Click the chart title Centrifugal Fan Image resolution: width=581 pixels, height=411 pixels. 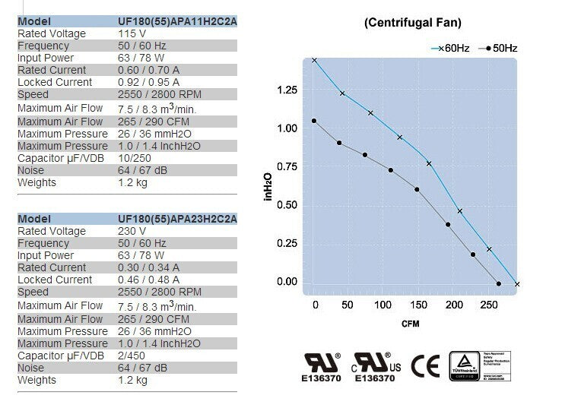tap(413, 23)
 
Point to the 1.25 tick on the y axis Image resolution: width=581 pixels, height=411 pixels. tap(287, 90)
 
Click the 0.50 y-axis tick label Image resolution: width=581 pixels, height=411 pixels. tap(287, 205)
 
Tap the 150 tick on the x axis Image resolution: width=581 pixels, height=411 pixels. tap(419, 305)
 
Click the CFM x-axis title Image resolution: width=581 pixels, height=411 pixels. tap(411, 324)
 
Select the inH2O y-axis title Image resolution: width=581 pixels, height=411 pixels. tap(268, 186)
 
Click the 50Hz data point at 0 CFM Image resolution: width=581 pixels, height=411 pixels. tap(314, 121)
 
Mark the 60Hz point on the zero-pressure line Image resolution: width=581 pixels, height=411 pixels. tap(517, 284)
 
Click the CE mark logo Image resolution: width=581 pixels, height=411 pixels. tap(425, 366)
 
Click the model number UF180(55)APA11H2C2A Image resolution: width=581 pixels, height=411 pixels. tap(177, 21)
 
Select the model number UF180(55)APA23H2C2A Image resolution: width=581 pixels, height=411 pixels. tap(177, 219)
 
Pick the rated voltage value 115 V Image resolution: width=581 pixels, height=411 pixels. tap(132, 33)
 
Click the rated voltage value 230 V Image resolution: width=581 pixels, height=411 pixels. tap(132, 231)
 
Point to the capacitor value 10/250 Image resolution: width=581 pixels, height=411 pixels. tap(135, 158)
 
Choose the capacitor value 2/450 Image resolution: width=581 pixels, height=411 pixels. tap(132, 356)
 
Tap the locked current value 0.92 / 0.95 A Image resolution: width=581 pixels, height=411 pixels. tap(148, 82)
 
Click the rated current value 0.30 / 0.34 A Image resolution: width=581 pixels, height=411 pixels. tap(148, 267)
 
